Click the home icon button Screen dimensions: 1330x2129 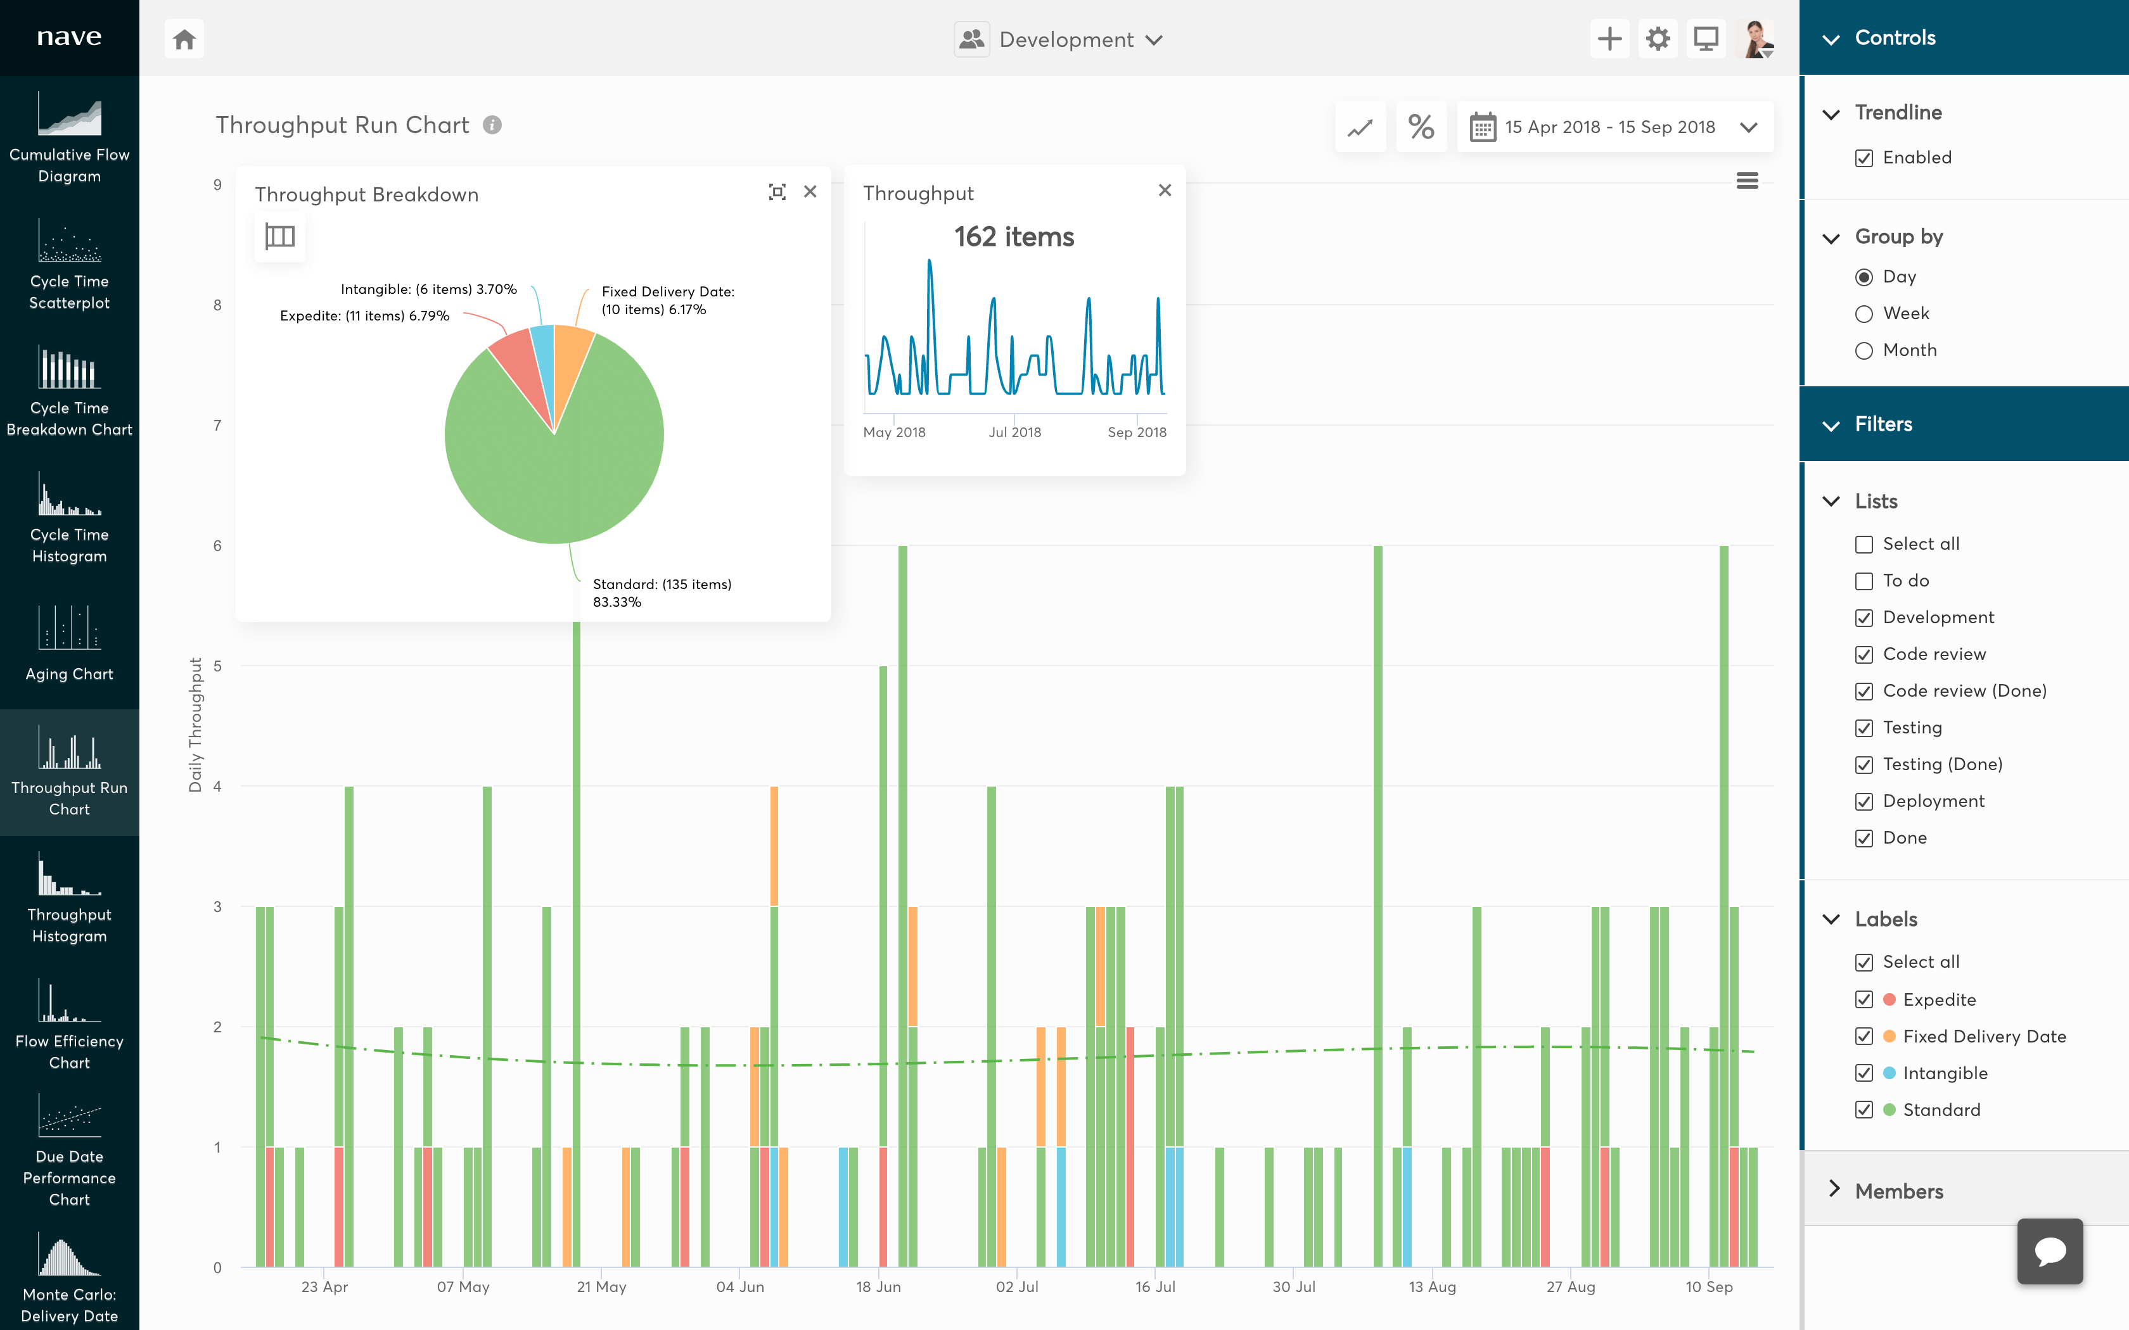(x=184, y=39)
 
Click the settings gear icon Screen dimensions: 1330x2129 (x=1658, y=39)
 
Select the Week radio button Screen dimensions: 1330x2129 (x=1864, y=314)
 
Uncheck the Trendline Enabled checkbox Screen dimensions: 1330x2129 (x=1864, y=158)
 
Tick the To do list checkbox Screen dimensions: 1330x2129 (x=1864, y=581)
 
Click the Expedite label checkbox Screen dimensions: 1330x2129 (x=1864, y=999)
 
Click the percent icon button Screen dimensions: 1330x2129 (x=1421, y=127)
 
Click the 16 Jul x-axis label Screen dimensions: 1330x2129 (x=1154, y=1287)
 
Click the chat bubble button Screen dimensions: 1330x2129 (x=2049, y=1251)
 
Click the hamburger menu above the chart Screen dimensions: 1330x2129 (x=1747, y=181)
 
